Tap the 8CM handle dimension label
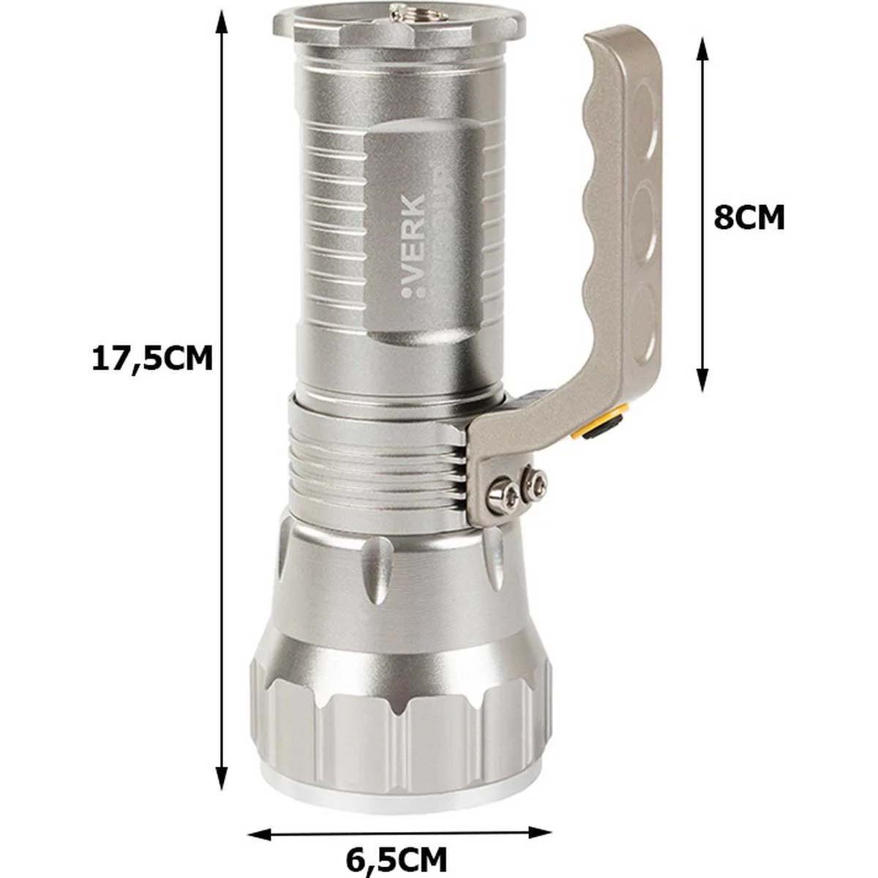tap(749, 218)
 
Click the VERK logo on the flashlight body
tap(413, 247)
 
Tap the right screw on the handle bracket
tap(534, 480)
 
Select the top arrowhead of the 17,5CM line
tap(222, 23)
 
